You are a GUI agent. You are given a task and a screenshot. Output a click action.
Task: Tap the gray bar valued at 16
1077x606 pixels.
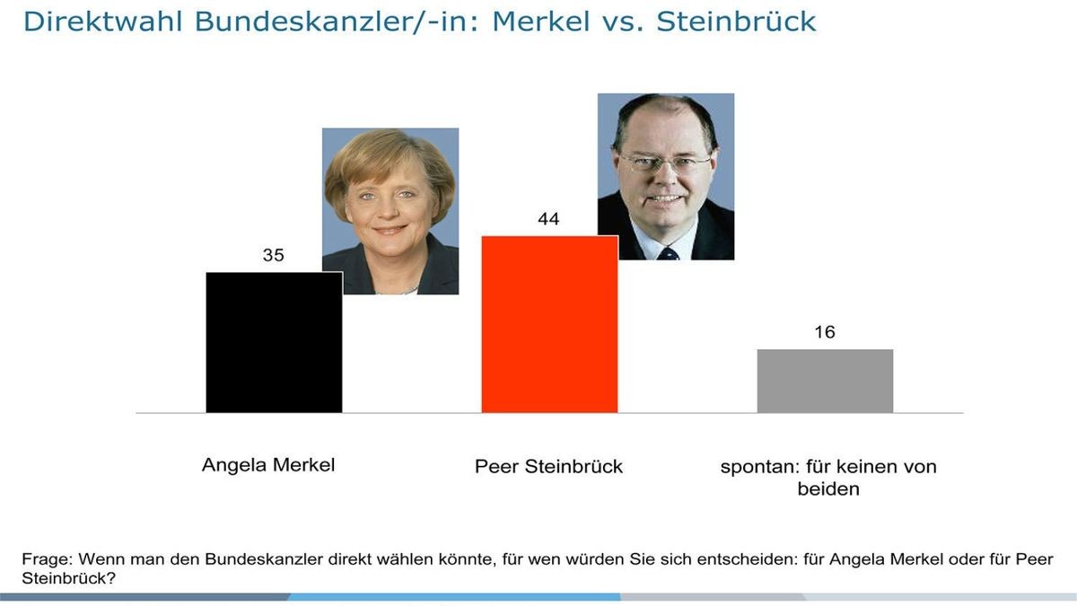[825, 381]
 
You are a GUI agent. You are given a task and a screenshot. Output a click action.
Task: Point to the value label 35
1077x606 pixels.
[273, 256]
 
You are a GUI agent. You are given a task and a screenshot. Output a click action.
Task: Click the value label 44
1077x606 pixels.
[548, 220]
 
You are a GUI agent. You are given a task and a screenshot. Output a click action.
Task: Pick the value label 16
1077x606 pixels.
[824, 333]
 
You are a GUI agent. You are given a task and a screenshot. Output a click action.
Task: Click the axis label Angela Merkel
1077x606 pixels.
[268, 465]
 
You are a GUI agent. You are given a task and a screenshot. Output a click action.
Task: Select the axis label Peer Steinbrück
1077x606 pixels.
[548, 467]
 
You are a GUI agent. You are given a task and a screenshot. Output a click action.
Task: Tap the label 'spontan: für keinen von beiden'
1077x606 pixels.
[828, 478]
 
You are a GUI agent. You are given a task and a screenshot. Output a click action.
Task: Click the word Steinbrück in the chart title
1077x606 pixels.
[736, 22]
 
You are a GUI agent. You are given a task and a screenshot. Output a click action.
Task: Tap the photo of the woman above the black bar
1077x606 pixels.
[390, 211]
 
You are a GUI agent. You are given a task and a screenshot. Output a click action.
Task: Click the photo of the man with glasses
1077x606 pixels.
[666, 176]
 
